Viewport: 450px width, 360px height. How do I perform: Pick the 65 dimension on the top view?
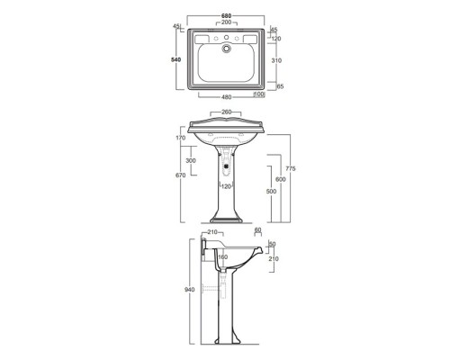click(x=281, y=85)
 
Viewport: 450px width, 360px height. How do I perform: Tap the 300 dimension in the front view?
click(x=190, y=159)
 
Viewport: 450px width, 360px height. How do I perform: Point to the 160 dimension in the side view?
click(x=222, y=256)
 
